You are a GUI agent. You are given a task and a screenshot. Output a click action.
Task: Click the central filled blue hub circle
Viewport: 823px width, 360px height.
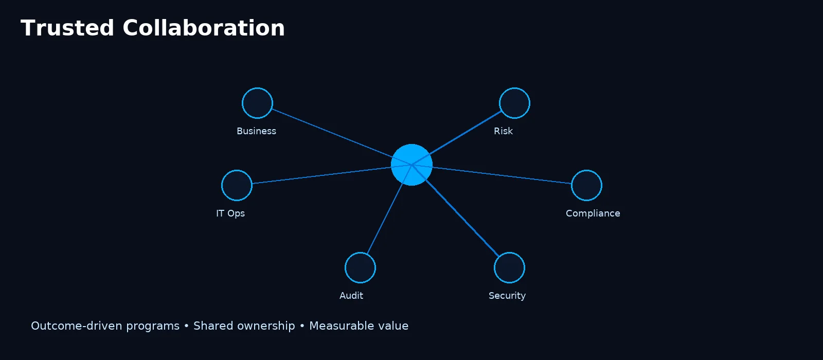tap(411, 165)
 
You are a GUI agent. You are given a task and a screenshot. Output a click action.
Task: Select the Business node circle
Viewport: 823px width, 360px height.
tap(257, 103)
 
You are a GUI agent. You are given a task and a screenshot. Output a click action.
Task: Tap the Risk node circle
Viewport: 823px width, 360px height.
tap(514, 103)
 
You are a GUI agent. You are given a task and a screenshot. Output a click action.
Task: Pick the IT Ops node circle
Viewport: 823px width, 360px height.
tap(237, 185)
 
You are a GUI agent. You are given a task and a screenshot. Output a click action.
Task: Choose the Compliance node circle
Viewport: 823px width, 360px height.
tap(586, 185)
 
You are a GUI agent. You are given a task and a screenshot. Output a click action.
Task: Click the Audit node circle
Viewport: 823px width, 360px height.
tap(360, 267)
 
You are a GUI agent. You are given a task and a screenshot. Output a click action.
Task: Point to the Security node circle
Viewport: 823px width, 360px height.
tap(509, 267)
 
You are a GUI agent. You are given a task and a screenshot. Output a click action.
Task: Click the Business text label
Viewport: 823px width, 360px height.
tap(256, 131)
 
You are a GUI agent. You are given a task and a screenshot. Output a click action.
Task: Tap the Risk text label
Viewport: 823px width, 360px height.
tap(503, 131)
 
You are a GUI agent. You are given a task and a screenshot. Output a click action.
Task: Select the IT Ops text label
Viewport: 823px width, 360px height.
tap(230, 213)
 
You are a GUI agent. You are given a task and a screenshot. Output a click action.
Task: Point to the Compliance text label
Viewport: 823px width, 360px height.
tap(593, 213)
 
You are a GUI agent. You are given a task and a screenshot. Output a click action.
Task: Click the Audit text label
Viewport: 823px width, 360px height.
tap(351, 296)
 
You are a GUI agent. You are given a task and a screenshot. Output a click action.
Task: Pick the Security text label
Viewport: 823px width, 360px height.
tap(507, 296)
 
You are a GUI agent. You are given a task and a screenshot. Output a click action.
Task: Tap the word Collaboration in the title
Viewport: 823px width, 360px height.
tap(204, 28)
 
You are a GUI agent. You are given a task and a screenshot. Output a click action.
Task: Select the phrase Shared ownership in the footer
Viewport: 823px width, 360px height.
tap(244, 326)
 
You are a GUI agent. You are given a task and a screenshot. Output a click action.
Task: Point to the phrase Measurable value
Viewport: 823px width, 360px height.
tap(359, 326)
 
